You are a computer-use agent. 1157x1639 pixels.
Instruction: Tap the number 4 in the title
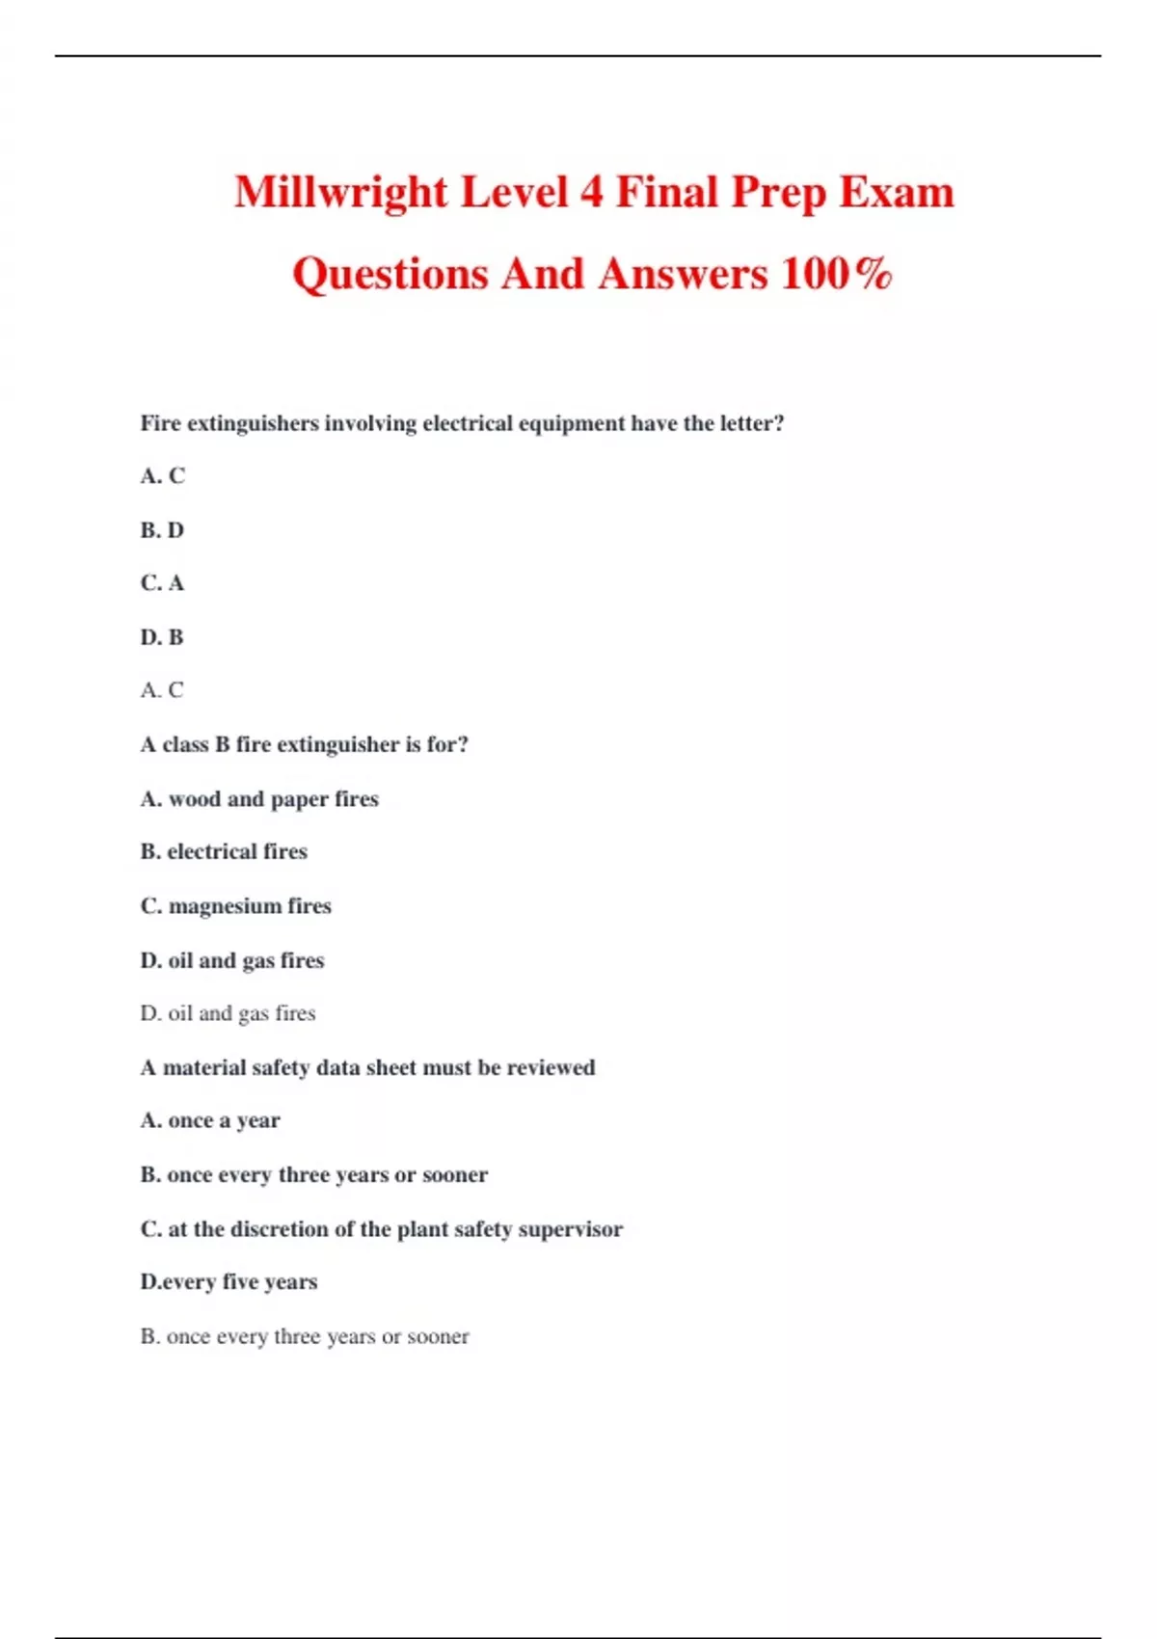point(590,192)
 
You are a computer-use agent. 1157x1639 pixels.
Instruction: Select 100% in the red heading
point(836,274)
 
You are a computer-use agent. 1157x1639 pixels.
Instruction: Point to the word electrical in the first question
point(468,423)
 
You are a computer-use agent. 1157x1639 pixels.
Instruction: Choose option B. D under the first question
point(162,530)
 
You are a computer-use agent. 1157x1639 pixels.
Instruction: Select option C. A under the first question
point(162,583)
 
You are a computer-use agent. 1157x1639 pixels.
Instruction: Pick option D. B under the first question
point(162,637)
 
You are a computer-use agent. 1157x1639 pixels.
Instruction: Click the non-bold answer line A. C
point(162,690)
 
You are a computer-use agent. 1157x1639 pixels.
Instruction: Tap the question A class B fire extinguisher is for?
point(304,744)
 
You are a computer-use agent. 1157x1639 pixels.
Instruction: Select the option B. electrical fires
point(224,852)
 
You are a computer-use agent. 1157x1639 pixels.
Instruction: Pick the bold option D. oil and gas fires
point(232,960)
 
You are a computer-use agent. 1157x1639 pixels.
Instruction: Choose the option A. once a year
point(210,1120)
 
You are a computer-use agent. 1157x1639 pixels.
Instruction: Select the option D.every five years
point(229,1282)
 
